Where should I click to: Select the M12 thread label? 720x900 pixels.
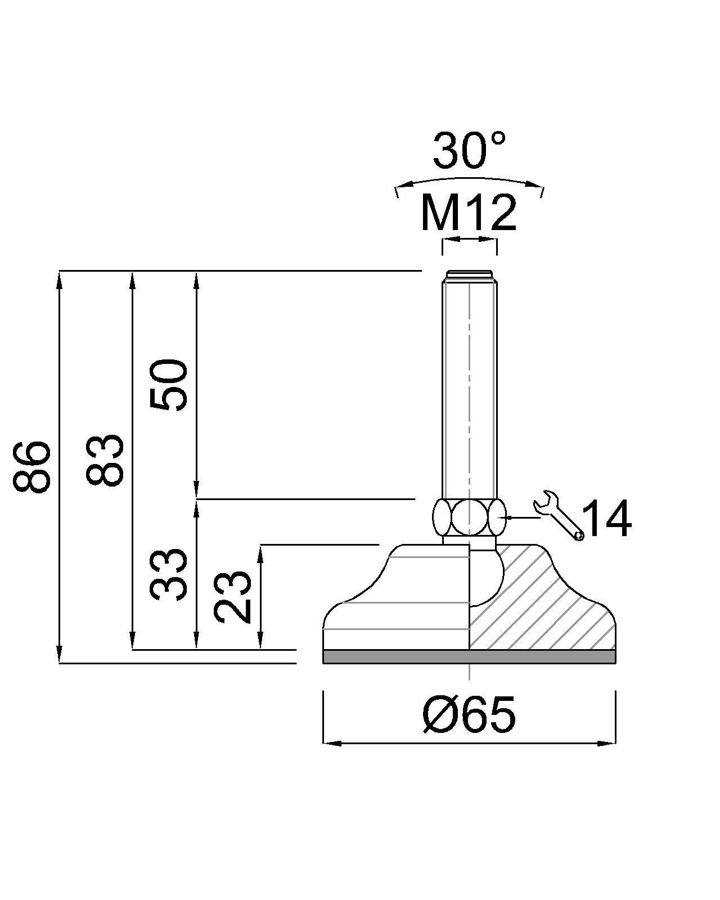pos(469,214)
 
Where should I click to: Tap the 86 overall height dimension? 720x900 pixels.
pos(32,467)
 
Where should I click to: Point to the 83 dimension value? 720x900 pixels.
pos(104,460)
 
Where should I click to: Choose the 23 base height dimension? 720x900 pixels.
pos(233,596)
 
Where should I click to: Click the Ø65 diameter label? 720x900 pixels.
pos(469,714)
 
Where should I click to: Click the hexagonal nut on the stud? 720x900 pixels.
pos(469,517)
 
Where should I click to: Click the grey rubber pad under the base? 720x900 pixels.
pos(469,656)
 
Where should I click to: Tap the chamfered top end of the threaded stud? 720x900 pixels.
pos(469,276)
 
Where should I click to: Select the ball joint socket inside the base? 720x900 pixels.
pos(485,577)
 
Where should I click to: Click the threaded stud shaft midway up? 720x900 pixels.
pos(469,388)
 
